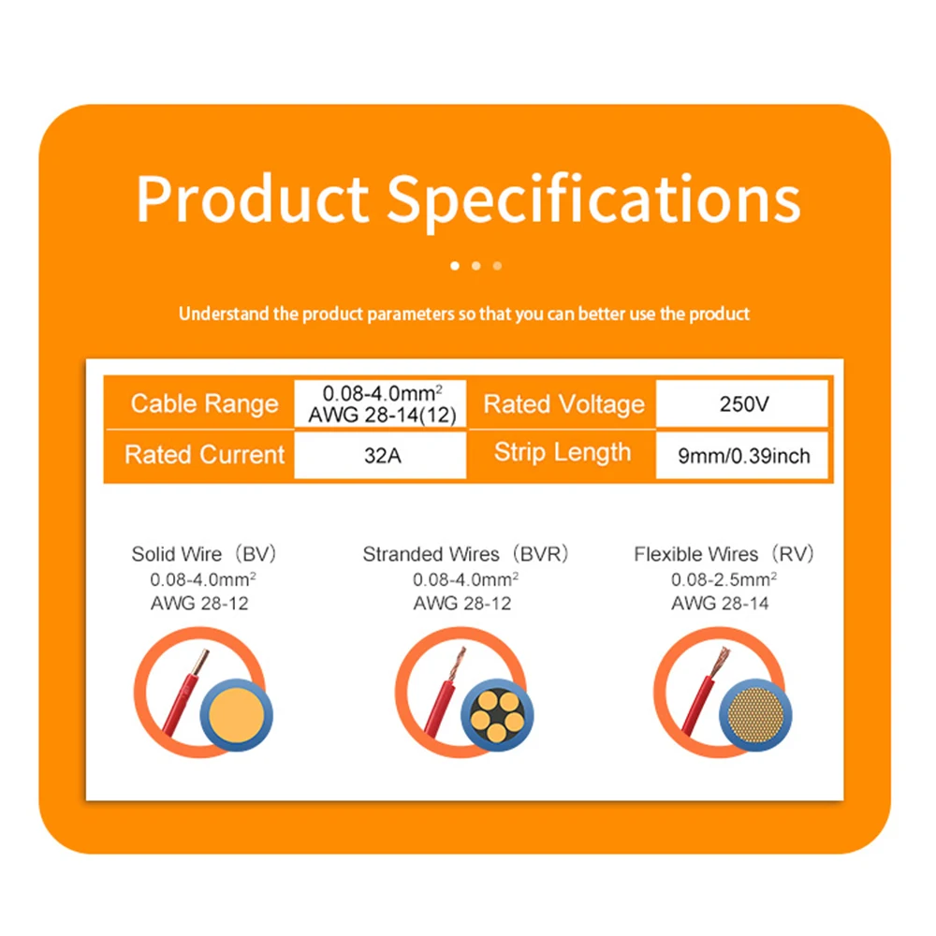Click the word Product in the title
[x=253, y=198]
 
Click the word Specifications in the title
[x=594, y=202]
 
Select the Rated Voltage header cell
[x=563, y=403]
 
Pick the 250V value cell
[x=742, y=404]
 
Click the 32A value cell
[x=381, y=456]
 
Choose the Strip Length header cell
[x=563, y=453]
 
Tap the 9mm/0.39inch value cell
[x=742, y=456]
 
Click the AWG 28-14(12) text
[x=382, y=415]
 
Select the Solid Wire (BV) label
[x=203, y=554]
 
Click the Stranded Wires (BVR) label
[x=465, y=554]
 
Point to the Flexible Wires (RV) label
[x=723, y=554]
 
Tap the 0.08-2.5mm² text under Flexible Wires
[x=723, y=579]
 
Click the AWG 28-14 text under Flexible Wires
[x=719, y=604]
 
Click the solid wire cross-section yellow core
[x=237, y=715]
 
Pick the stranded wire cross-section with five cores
[x=497, y=715]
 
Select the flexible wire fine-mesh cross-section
[x=755, y=715]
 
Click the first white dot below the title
[x=455, y=266]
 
